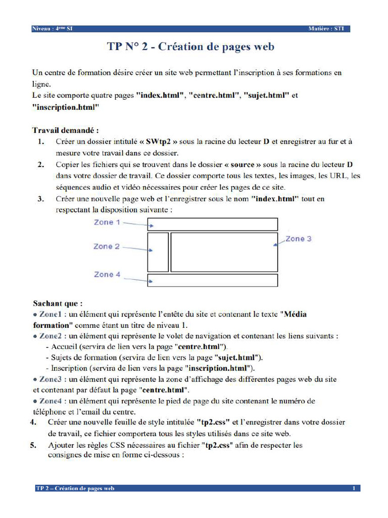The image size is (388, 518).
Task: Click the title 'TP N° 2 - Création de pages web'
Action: pos(190,47)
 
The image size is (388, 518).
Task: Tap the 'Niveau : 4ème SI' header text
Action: pos(52,29)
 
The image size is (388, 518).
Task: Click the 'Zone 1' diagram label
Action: pos(107,222)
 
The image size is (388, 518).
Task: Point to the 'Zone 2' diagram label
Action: pos(106,246)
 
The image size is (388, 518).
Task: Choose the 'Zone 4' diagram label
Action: pos(107,274)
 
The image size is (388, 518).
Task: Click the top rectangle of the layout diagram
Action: pos(212,224)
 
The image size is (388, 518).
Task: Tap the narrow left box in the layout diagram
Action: pos(158,252)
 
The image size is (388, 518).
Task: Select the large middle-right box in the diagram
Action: pos(224,252)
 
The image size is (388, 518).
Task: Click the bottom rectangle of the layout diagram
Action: pos(212,280)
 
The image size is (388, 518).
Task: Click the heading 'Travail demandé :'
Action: pos(66,129)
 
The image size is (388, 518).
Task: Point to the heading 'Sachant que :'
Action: pos(58,304)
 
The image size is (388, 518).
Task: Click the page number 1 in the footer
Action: pos(354,488)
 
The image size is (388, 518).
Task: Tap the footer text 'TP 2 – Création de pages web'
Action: pos(75,488)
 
